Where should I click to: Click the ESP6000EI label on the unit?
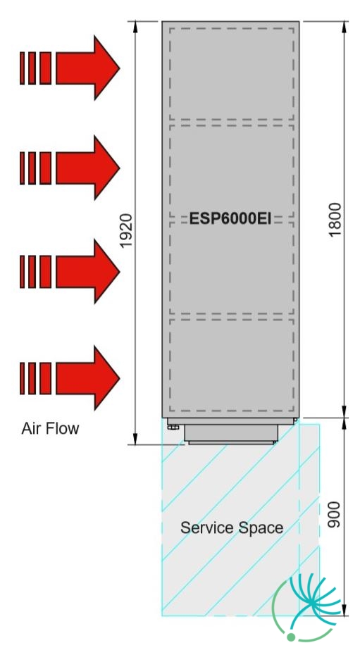point(230,219)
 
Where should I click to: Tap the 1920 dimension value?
point(126,231)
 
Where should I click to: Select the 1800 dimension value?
point(335,220)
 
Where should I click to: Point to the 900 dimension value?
point(334,514)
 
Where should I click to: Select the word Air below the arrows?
point(30,428)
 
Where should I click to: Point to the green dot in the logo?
point(291,637)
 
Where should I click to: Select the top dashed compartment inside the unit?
point(232,74)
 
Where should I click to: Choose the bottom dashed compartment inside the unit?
point(232,365)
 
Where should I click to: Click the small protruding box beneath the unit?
point(231,434)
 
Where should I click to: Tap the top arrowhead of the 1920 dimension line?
point(135,26)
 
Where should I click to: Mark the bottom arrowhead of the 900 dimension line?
point(344,610)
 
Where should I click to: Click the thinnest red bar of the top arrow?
point(22,68)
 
